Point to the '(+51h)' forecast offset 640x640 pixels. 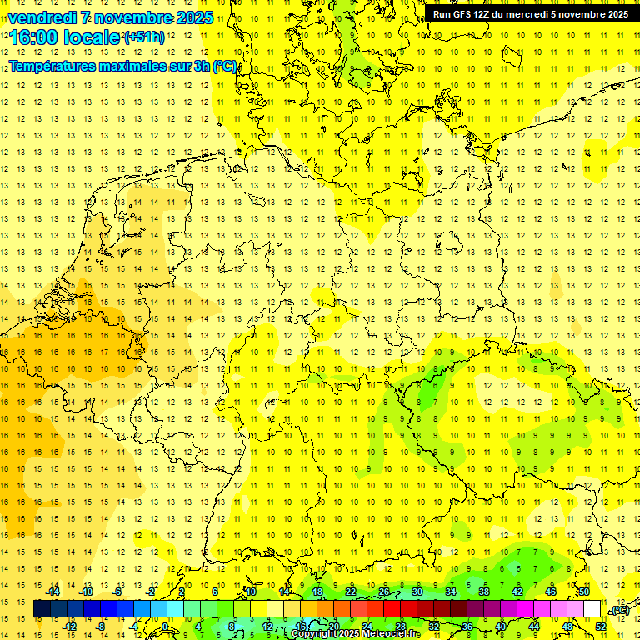click(144, 37)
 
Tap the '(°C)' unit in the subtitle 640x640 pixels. click(224, 67)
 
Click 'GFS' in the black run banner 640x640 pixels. click(462, 14)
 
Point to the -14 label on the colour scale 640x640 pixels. click(52, 592)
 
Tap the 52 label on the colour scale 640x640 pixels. click(600, 627)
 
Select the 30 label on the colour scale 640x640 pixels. click(417, 592)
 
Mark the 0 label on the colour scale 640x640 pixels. click(165, 627)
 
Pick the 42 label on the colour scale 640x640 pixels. click(517, 592)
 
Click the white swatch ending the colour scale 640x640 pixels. click(592, 609)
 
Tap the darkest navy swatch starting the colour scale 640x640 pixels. click(42, 609)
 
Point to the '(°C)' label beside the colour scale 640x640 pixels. click(620, 610)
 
